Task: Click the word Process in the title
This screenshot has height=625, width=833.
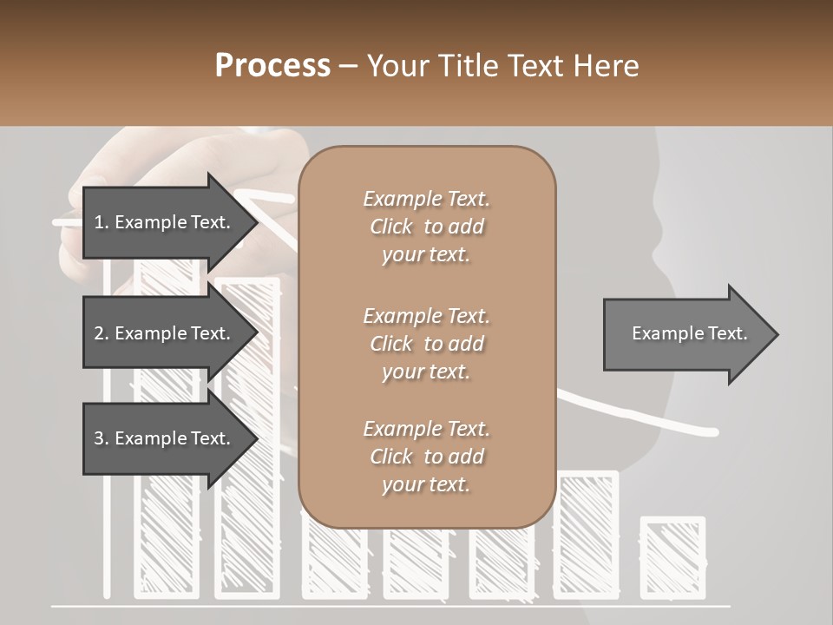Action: pyautogui.click(x=272, y=66)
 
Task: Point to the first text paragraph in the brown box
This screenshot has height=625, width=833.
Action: pyautogui.click(x=426, y=227)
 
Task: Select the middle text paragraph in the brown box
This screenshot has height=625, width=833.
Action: pyautogui.click(x=426, y=344)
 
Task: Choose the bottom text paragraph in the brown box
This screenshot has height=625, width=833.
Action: pyautogui.click(x=426, y=457)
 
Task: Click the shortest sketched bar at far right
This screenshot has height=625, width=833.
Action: pyautogui.click(x=672, y=556)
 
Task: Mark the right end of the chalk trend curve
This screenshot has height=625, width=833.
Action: pyautogui.click(x=713, y=431)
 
